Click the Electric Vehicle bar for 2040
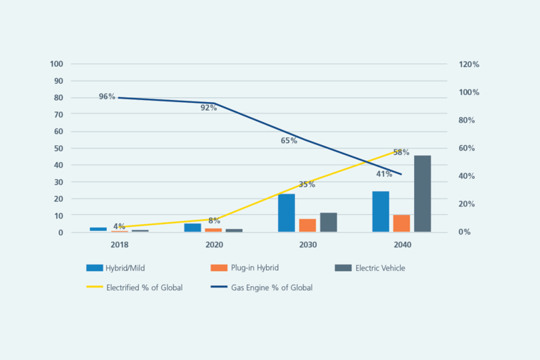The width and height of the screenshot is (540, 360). click(x=422, y=194)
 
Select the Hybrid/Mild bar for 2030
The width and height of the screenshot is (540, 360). click(x=287, y=213)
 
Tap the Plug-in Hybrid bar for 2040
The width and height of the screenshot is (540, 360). click(x=401, y=223)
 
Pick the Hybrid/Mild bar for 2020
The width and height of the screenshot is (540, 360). click(x=193, y=228)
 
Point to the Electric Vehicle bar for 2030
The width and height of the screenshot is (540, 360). click(x=328, y=223)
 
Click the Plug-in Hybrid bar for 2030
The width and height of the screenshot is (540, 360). click(x=308, y=225)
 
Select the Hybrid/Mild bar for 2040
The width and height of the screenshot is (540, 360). click(x=381, y=211)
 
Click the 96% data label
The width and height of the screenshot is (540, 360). click(x=107, y=97)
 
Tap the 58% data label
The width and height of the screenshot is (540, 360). click(x=401, y=152)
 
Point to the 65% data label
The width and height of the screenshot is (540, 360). click(x=289, y=141)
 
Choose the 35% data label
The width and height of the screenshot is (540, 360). click(x=306, y=185)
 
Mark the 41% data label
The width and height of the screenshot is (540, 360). click(x=384, y=174)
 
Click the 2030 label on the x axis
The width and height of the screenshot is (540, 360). click(x=308, y=244)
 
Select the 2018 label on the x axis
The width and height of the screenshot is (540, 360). click(x=119, y=244)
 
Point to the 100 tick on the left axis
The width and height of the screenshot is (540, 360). click(x=57, y=64)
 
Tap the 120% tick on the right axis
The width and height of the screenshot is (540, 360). click(x=469, y=64)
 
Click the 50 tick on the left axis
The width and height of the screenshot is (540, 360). click(x=59, y=148)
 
